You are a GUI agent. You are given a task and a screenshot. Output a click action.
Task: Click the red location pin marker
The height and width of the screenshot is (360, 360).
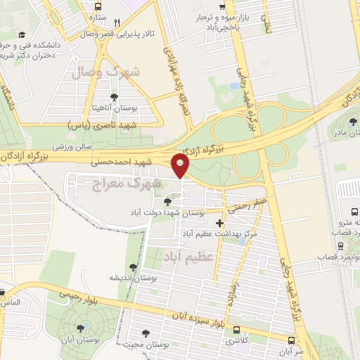click(x=181, y=166)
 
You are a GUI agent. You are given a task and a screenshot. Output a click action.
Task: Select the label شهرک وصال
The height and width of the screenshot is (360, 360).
click(x=105, y=72)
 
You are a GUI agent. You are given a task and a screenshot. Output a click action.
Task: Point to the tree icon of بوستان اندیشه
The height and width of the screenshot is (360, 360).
click(x=133, y=266)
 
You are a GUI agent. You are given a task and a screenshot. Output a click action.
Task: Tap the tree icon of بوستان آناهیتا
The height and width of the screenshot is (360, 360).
click(x=115, y=97)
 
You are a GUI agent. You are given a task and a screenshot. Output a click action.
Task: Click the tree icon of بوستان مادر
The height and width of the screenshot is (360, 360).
click(x=353, y=122)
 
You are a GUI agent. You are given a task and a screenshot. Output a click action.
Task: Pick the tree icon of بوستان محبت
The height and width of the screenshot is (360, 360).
click(x=146, y=333)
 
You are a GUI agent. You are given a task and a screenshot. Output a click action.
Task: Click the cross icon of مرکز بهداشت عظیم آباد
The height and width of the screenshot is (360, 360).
click(x=220, y=223)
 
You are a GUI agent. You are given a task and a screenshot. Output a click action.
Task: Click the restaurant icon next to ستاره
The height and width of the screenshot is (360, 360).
click(x=117, y=22)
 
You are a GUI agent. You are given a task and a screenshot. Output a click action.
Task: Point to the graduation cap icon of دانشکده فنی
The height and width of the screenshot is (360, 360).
click(x=22, y=35)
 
